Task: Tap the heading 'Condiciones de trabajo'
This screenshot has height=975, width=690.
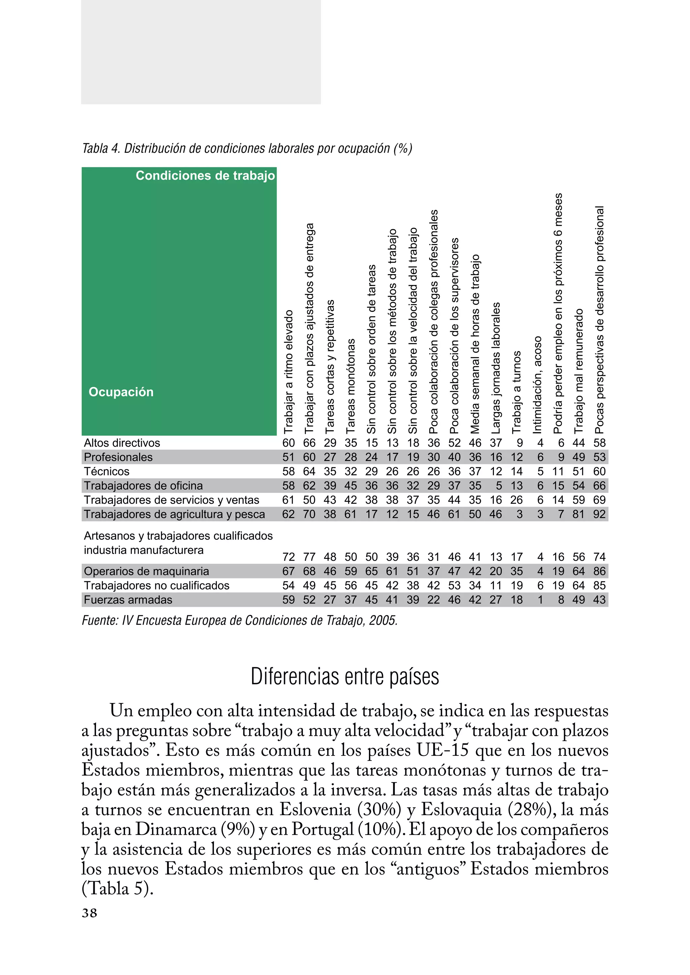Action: (205, 176)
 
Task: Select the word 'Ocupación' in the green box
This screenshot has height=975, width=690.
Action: (121, 392)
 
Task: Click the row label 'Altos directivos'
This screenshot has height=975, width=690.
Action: (122, 443)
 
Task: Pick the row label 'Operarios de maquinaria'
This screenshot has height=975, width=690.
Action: (146, 571)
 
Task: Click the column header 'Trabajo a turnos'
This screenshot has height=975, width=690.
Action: (516, 392)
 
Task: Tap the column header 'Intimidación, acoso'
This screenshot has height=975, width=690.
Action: (537, 385)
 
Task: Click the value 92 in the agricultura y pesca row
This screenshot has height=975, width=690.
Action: (599, 514)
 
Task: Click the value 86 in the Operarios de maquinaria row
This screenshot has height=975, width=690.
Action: (599, 571)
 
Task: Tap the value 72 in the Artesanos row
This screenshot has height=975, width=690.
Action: (288, 557)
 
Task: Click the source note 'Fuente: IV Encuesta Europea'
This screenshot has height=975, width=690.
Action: (239, 620)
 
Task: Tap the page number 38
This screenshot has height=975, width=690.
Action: (89, 913)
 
